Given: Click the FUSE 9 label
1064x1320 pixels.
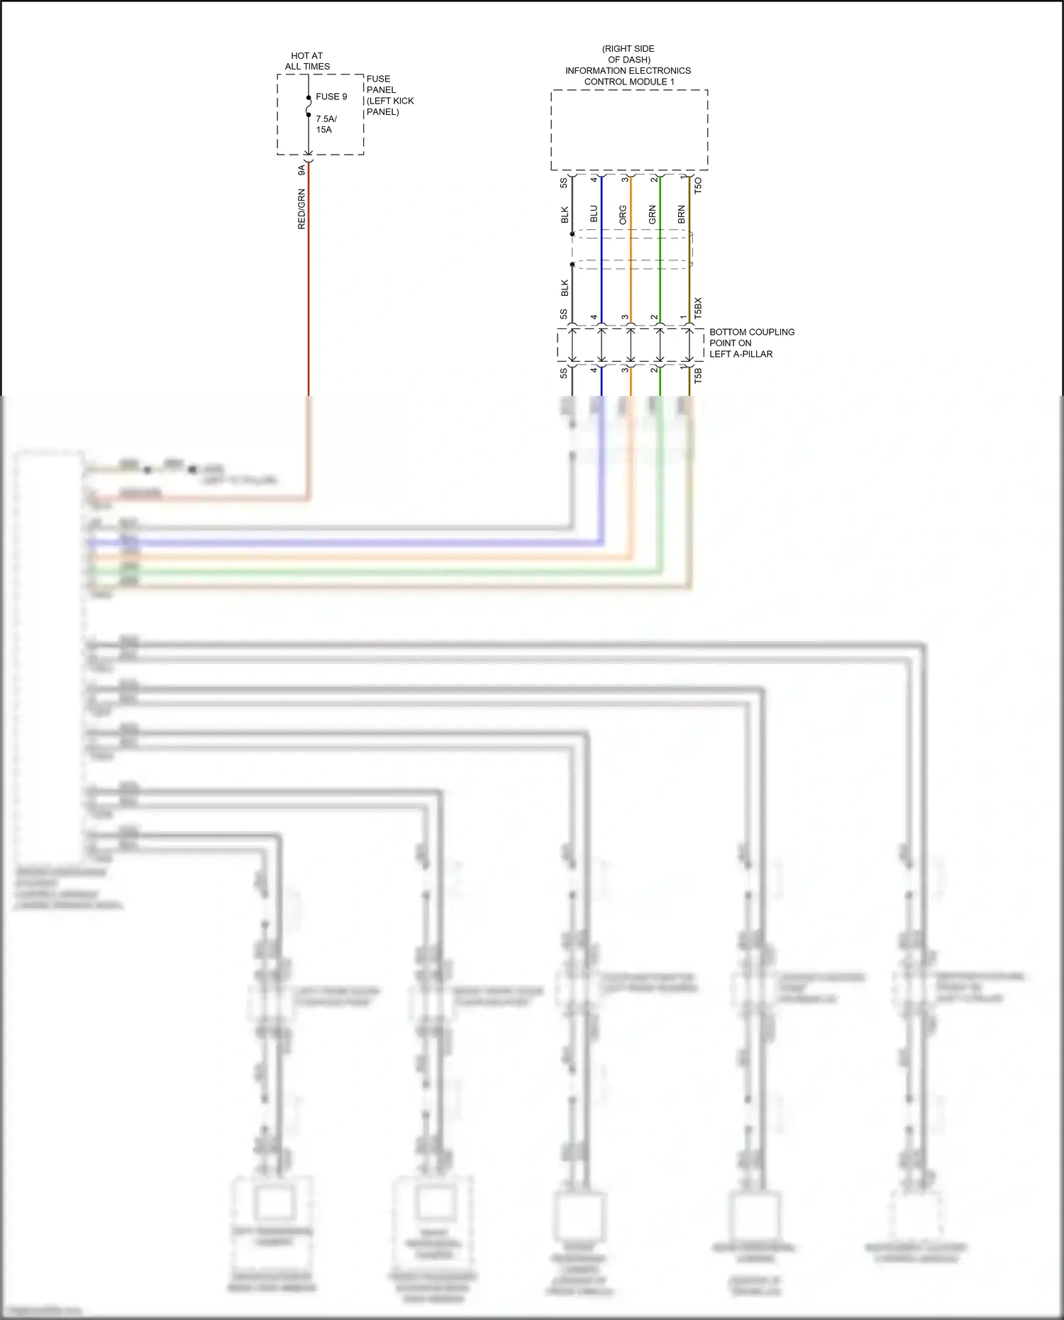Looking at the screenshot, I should [331, 96].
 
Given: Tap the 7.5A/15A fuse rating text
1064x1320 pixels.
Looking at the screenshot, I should [326, 124].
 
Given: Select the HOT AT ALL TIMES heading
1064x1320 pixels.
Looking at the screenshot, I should [307, 61].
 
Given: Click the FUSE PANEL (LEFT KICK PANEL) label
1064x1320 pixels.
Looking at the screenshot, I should [389, 95].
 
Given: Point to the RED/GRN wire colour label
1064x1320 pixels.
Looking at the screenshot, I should [301, 209].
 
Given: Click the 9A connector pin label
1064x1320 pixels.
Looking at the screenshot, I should [301, 171].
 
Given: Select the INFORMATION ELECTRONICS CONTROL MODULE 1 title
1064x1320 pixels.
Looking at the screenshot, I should [628, 65].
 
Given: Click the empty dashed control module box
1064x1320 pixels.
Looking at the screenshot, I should [629, 130].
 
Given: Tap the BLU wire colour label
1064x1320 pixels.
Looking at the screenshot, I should [594, 214].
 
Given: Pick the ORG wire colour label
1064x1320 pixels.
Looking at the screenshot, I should [623, 215].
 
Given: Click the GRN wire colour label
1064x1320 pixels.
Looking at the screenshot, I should [653, 215].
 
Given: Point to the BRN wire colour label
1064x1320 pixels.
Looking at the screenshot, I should [682, 214].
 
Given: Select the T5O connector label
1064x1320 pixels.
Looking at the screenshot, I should [698, 186].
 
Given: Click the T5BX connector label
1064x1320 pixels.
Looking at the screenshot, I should [698, 308].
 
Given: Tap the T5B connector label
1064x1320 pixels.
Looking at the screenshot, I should [698, 376].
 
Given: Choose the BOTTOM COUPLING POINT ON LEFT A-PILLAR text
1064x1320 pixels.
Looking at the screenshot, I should [751, 343].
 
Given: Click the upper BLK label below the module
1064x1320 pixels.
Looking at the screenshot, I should [565, 215].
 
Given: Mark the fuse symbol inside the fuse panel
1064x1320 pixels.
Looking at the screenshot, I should [309, 107].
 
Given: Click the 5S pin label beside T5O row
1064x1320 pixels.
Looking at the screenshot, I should [564, 182].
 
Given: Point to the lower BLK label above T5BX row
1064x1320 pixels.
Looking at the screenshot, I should [565, 288].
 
